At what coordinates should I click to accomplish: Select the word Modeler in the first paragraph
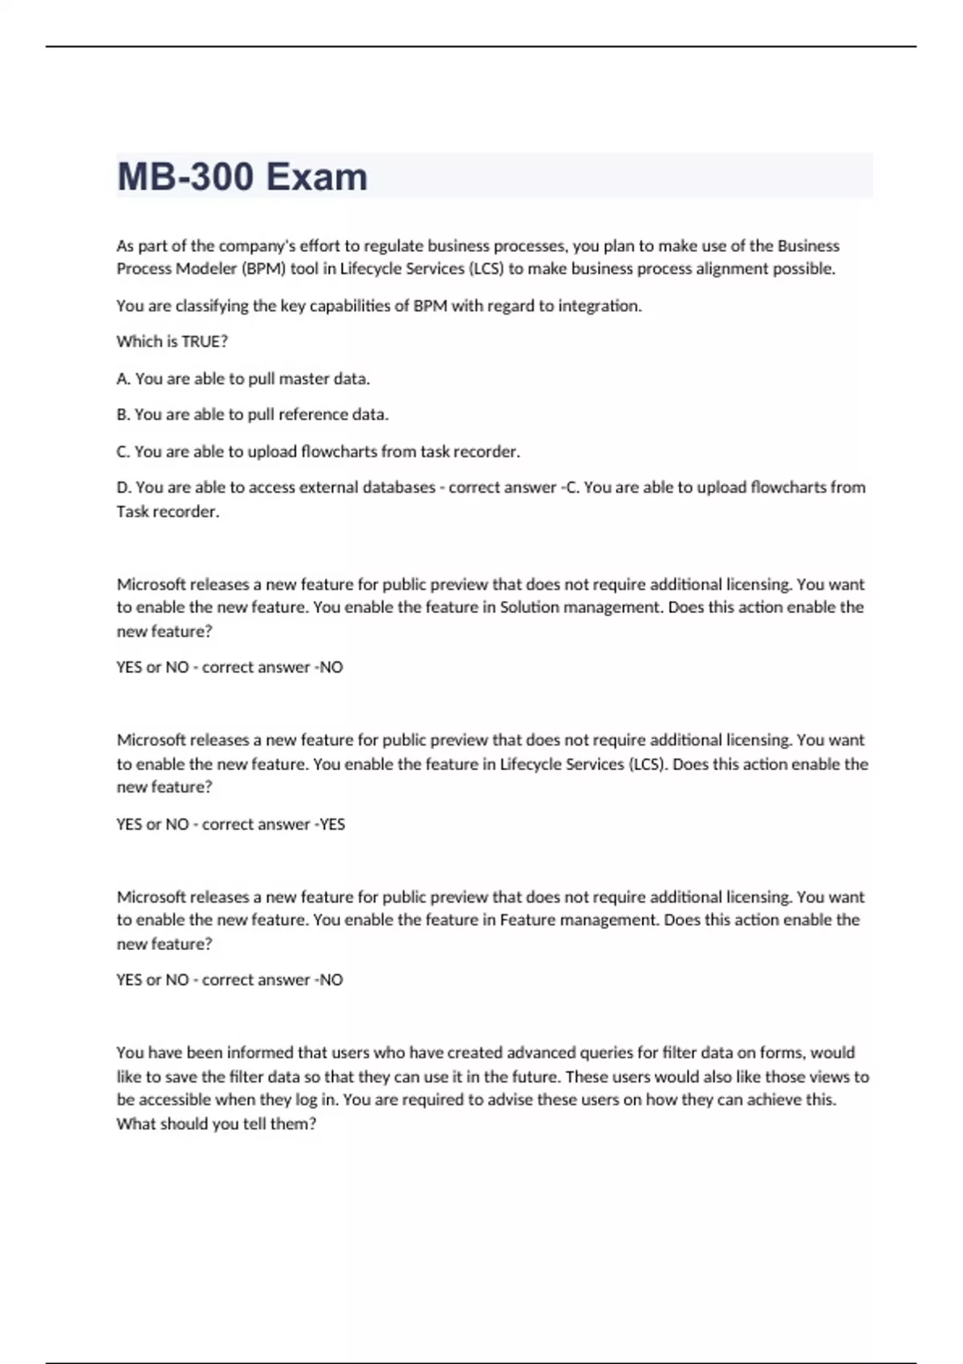point(206,269)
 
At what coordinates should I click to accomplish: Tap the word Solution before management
point(529,607)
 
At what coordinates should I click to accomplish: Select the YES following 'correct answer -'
point(332,824)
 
